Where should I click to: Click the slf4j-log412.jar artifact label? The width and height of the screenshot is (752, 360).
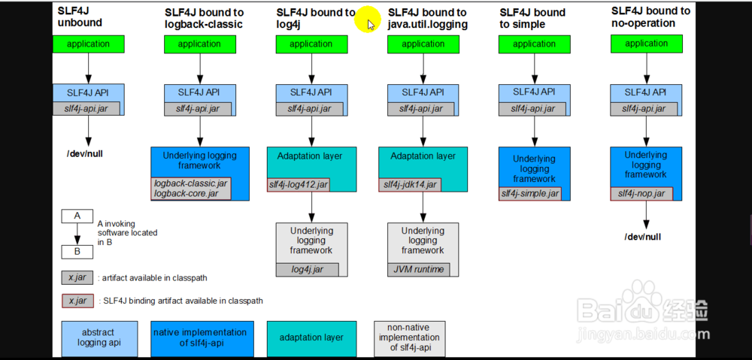tap(299, 184)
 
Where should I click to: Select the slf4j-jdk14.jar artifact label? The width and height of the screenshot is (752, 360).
tap(410, 184)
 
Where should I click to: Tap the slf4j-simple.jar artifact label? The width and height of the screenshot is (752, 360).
tap(530, 194)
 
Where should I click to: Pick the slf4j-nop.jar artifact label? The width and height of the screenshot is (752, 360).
tap(641, 194)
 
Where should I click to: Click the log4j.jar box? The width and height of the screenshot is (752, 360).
tap(307, 269)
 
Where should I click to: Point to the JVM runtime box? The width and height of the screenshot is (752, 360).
tap(419, 269)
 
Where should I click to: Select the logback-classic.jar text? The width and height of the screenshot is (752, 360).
tap(191, 183)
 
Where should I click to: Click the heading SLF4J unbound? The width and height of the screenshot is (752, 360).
tap(80, 17)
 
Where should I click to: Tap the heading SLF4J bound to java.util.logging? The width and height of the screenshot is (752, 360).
tap(427, 18)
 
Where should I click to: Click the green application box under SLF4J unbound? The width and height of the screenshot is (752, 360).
tap(88, 44)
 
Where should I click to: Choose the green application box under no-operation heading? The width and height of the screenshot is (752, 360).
tap(647, 44)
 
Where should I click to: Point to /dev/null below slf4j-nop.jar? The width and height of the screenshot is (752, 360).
tap(642, 237)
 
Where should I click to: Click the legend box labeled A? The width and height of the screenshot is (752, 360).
tap(77, 216)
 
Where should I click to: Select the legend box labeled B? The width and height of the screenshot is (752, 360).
tap(77, 252)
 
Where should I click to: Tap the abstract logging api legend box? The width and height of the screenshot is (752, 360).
tap(99, 338)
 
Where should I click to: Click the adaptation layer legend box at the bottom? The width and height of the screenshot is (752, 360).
tap(311, 338)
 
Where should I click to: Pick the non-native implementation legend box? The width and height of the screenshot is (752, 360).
tap(409, 338)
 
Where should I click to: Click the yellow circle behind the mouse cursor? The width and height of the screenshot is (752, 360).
tap(366, 18)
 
